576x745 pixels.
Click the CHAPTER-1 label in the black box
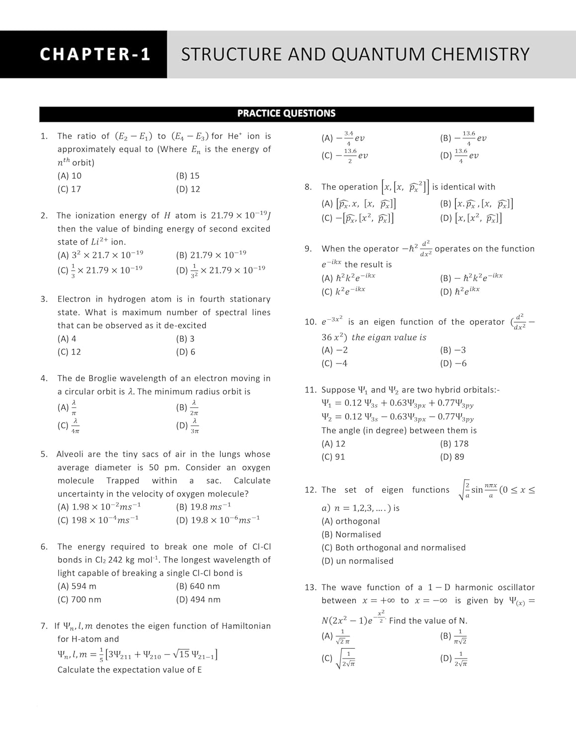pos(95,54)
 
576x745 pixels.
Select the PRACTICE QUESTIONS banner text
pos(286,114)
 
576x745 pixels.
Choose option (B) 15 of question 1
pos(187,176)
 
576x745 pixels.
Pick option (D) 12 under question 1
pos(188,189)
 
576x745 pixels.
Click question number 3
pos(44,299)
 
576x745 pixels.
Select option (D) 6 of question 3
pos(185,352)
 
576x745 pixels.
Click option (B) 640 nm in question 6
pos(198,587)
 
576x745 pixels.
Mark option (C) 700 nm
pos(79,600)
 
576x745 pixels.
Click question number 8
pos(308,187)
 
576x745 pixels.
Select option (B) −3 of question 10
pos(453,350)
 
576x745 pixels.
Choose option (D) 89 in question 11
pos(452,457)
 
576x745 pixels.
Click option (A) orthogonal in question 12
pos(350,521)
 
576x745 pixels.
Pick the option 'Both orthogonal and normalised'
pos(394,548)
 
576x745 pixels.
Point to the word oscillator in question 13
pos(515,588)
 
